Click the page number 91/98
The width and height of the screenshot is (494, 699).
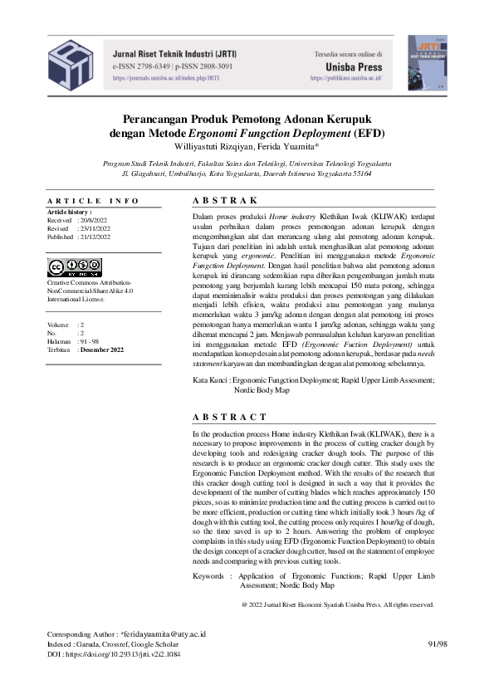(x=437, y=644)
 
